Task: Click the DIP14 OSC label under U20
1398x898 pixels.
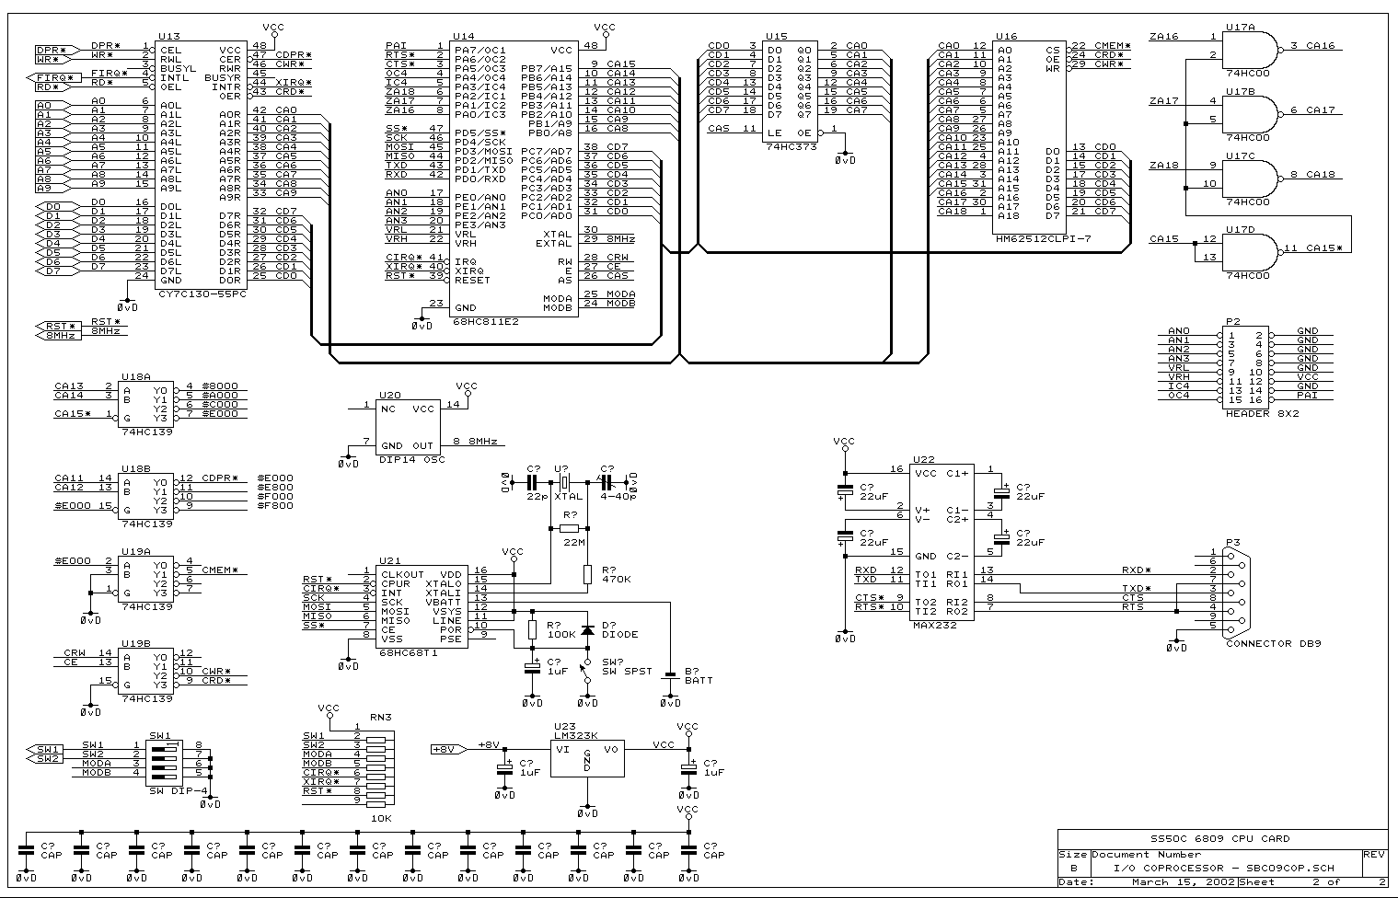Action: (411, 459)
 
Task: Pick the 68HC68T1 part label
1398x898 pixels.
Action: (407, 652)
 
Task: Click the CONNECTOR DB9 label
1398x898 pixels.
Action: (1273, 644)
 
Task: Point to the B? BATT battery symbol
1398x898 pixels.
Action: (670, 673)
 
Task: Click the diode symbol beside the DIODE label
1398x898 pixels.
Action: (586, 630)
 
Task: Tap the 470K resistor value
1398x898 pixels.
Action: (617, 580)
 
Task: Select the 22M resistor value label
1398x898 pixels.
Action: (573, 542)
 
